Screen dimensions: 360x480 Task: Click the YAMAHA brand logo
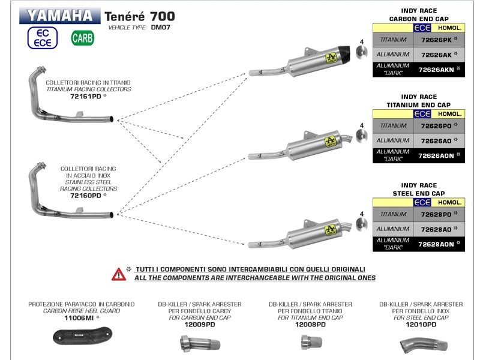(60, 16)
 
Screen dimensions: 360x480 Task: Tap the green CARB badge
(82, 38)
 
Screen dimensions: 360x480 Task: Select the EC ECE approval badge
(42, 38)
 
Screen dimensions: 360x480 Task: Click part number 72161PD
(86, 96)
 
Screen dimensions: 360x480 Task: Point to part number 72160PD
(86, 195)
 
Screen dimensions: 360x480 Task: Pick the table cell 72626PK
(436, 40)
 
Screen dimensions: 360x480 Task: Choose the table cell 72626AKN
(436, 70)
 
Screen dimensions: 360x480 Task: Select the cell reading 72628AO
(436, 229)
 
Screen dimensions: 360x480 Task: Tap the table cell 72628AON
(436, 244)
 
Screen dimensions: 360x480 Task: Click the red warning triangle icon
(119, 274)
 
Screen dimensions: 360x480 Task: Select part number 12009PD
(200, 325)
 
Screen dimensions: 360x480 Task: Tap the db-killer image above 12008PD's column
(310, 343)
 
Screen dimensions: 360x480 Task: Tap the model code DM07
(160, 28)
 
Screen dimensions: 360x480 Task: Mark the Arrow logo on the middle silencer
(329, 142)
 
